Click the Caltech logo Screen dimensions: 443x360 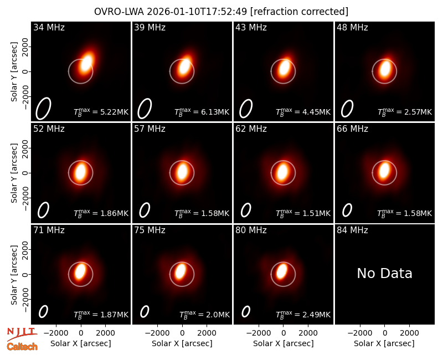[22, 347]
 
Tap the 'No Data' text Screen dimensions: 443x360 [384, 273]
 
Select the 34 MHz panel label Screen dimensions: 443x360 [49, 27]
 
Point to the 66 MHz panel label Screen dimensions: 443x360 [352, 129]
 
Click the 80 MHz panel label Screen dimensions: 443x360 [251, 230]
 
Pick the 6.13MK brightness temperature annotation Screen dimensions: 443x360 [202, 112]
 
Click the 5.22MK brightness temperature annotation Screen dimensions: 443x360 [101, 112]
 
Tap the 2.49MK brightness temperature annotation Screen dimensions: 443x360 [303, 315]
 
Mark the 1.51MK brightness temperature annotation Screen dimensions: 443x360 [303, 213]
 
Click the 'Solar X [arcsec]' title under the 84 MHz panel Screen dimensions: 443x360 [384, 343]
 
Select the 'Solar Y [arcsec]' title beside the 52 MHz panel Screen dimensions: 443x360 [14, 173]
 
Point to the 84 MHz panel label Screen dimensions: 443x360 [352, 230]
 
